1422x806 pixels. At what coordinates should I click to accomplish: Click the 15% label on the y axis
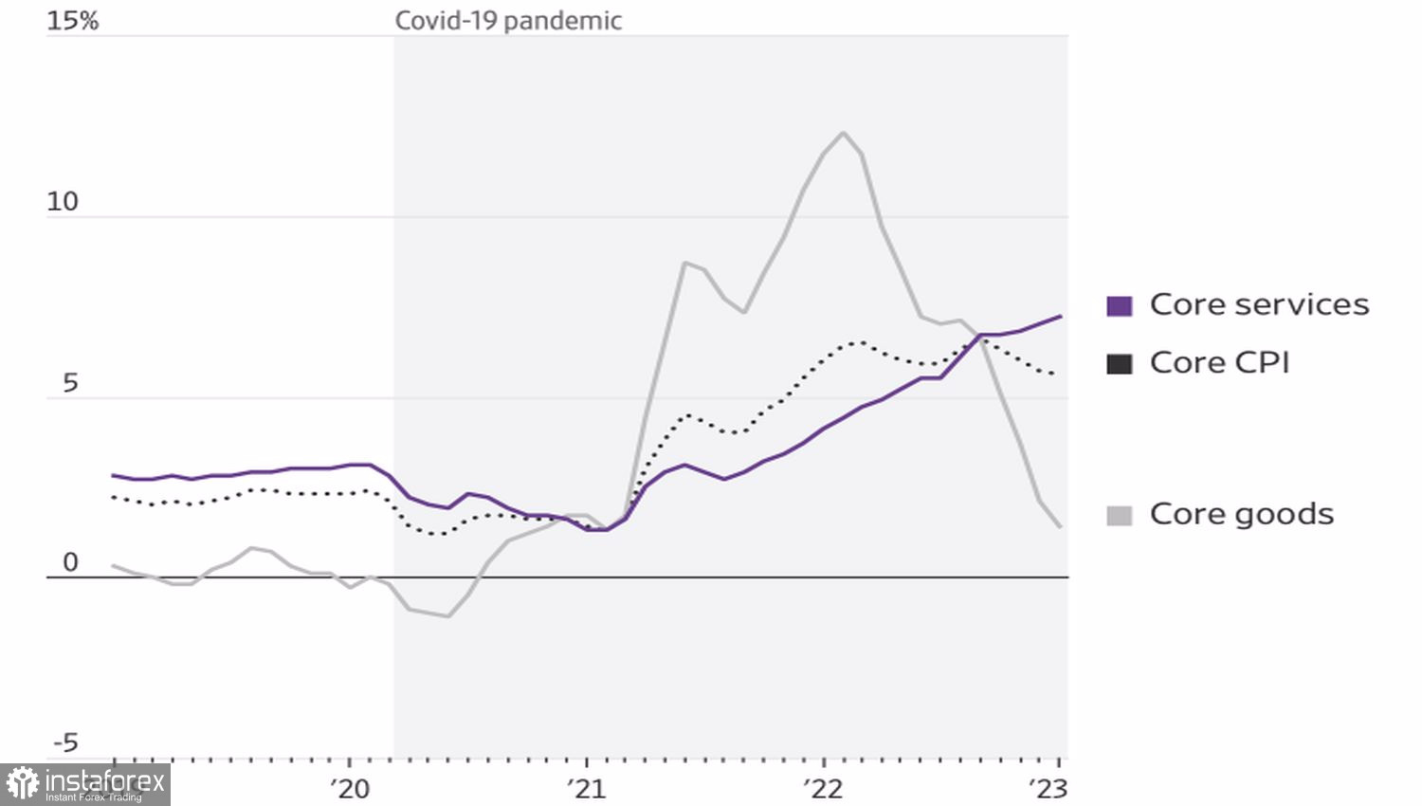pos(72,21)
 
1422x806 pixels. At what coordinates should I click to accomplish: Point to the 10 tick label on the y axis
pos(63,202)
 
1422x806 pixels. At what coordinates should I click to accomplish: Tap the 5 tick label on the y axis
pos(70,383)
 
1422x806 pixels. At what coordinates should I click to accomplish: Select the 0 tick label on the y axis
pos(70,562)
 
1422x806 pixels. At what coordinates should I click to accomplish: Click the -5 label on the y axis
pos(65,742)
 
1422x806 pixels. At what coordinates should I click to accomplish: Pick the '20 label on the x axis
pos(350,789)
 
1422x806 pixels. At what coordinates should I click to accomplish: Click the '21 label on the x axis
pos(586,789)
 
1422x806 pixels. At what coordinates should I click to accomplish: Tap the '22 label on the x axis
pos(822,789)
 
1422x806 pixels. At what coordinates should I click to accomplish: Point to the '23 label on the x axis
pos(1048,789)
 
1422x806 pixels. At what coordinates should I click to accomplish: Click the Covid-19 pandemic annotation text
pos(508,21)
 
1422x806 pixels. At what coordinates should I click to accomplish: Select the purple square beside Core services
pos(1120,305)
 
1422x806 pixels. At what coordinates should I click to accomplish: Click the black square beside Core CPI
pos(1120,363)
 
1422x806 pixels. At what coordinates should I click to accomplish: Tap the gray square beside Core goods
pos(1120,515)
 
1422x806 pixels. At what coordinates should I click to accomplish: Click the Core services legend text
pos(1259,304)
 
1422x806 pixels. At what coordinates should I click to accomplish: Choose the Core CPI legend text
pos(1219,362)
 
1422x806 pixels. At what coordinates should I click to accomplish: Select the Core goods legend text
pos(1241,514)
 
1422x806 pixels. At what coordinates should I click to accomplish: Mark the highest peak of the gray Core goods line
pos(843,133)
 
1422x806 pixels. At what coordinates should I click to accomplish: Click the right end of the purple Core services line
pos(1060,317)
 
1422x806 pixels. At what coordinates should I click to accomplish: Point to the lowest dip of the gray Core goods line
pos(447,616)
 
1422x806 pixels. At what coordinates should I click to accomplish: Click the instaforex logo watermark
pos(85,784)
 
